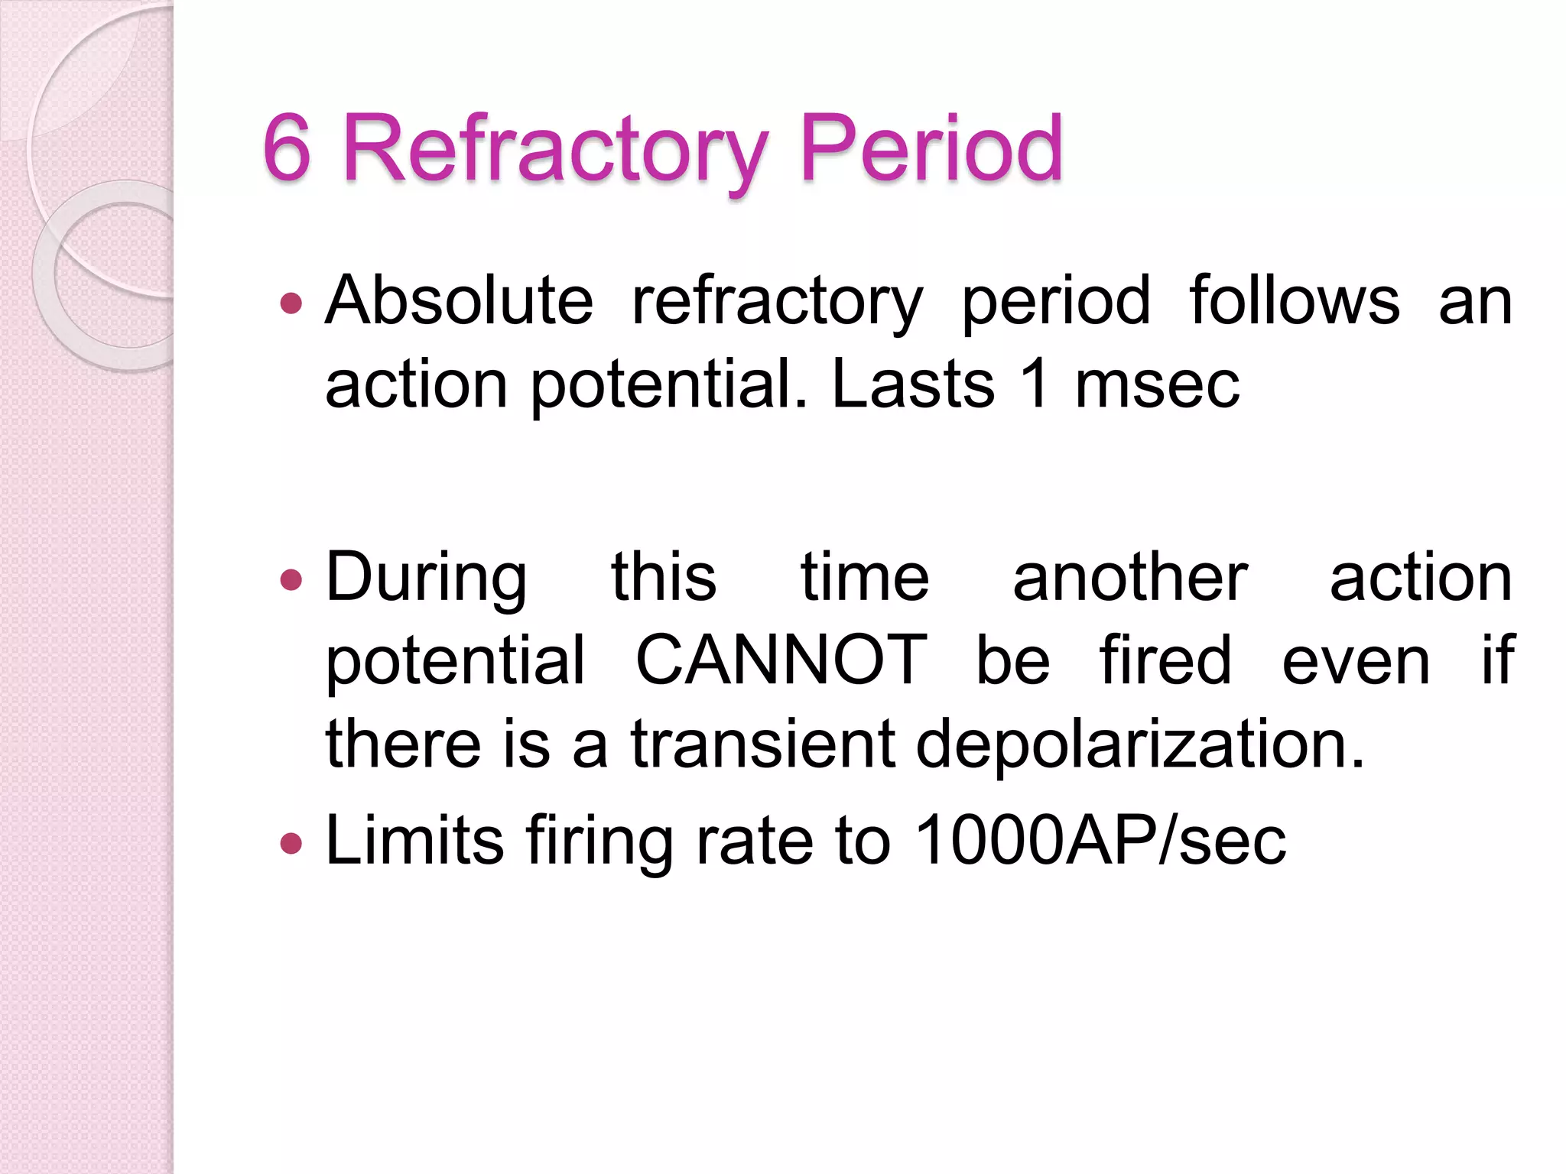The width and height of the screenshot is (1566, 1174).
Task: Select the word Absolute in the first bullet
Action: pos(459,300)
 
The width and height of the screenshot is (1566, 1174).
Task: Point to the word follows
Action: pos(1295,300)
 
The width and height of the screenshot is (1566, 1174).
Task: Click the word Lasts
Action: pos(913,384)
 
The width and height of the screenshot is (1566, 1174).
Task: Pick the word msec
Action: pos(1157,385)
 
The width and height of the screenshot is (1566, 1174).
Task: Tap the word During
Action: pos(426,579)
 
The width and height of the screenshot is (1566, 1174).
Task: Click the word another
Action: pos(1130,578)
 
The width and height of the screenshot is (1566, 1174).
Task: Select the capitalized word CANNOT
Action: pos(781,660)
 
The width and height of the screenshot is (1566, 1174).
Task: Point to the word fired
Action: pos(1165,660)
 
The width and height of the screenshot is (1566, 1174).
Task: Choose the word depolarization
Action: pos(1139,745)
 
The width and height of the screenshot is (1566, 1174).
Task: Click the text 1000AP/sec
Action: pos(1100,841)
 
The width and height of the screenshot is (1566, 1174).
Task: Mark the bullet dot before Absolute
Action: pos(291,304)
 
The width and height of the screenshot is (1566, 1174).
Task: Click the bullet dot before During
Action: pos(291,581)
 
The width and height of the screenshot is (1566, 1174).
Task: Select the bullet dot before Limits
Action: pos(291,844)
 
